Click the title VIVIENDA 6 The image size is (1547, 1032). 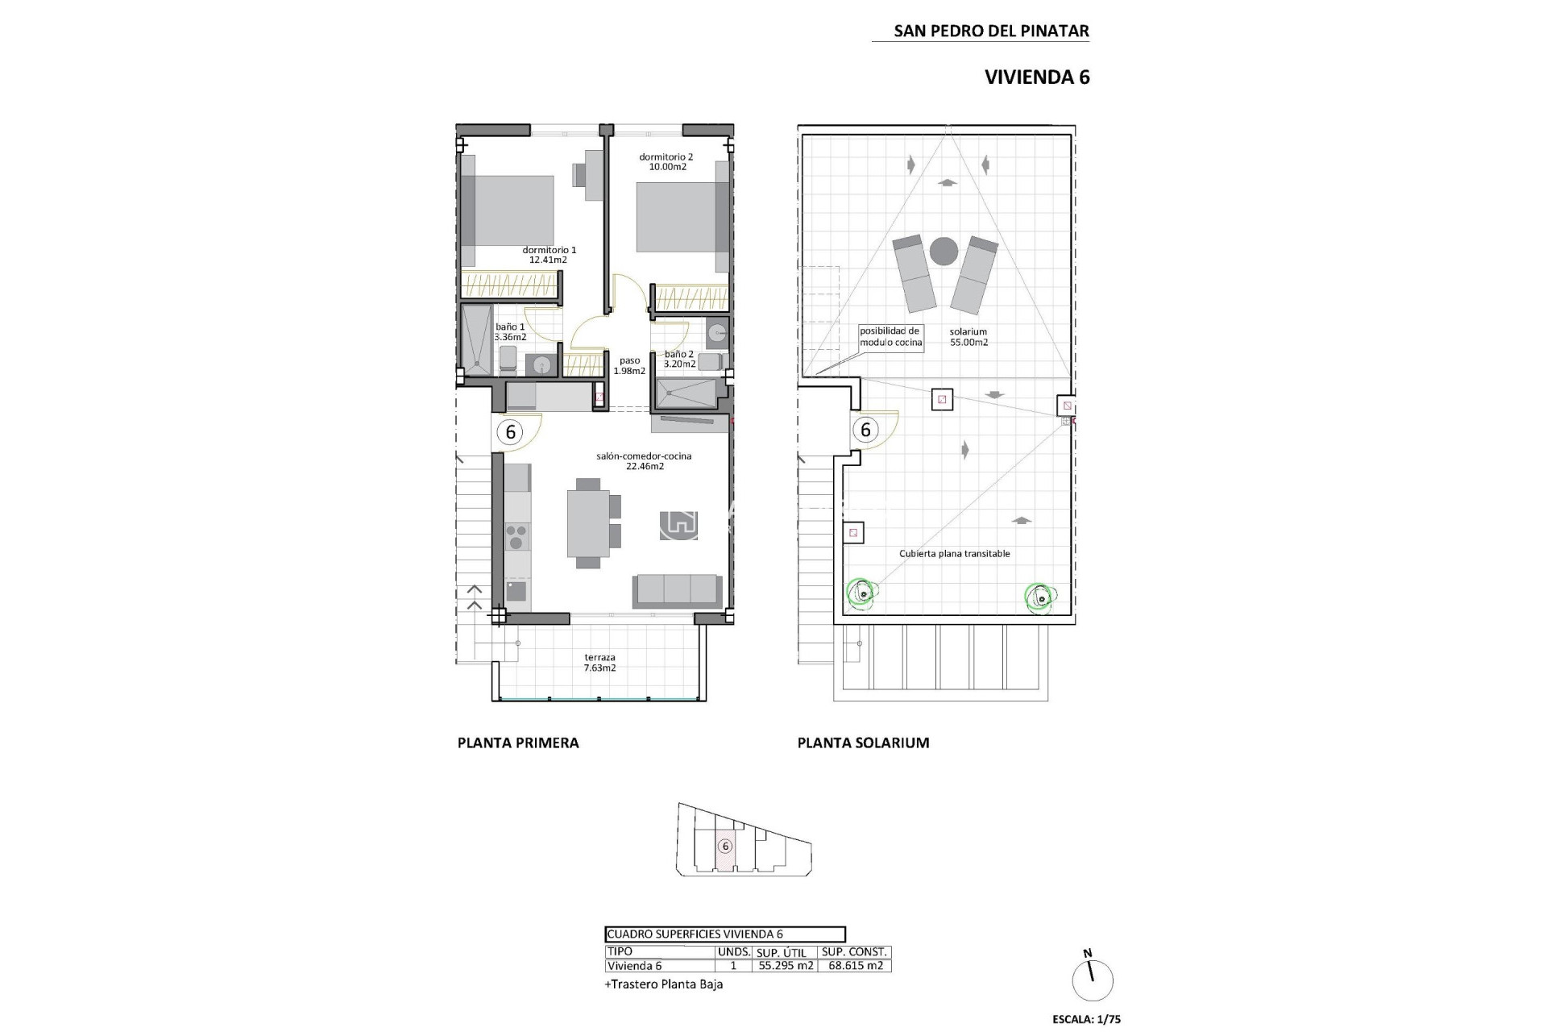point(1037,77)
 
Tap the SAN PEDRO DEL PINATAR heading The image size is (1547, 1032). point(991,31)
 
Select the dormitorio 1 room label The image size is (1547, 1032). point(549,255)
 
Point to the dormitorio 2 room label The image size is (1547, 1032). point(666,162)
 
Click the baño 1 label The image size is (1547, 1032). point(510,332)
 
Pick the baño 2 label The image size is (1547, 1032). point(679,359)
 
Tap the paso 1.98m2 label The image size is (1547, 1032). point(629,366)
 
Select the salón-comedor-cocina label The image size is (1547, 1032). point(644,460)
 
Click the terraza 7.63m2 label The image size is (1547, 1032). point(599,663)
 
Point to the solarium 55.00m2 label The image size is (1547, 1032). point(968,337)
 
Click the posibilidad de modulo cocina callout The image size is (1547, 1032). point(890,337)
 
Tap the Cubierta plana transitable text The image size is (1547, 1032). point(954,554)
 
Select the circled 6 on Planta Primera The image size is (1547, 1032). point(510,432)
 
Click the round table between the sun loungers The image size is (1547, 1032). point(944,252)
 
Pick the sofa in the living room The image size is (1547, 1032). point(677,591)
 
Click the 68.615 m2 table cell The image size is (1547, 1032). point(855,966)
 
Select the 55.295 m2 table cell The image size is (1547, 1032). point(786,966)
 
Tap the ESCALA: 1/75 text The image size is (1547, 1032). point(1086,1019)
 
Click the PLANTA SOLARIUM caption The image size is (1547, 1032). point(863,743)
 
